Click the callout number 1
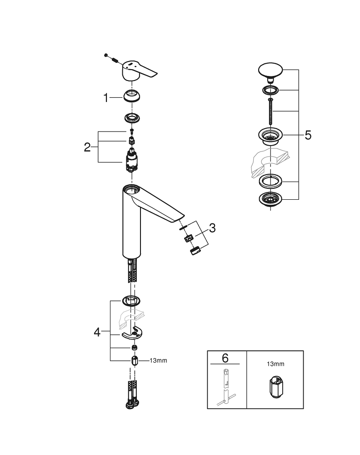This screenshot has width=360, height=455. tap(106, 97)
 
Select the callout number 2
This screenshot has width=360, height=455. tap(88, 147)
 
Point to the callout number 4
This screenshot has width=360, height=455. tap(97, 332)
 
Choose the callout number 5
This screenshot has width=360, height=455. tap(308, 136)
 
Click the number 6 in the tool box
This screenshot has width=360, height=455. tap(225, 358)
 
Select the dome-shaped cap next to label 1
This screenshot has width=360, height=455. tap(132, 97)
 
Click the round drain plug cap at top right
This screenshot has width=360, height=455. tap(270, 70)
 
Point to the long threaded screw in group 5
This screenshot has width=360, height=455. tap(270, 111)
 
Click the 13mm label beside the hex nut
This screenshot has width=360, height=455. tap(158, 360)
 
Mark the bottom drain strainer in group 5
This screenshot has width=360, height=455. tap(270, 199)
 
